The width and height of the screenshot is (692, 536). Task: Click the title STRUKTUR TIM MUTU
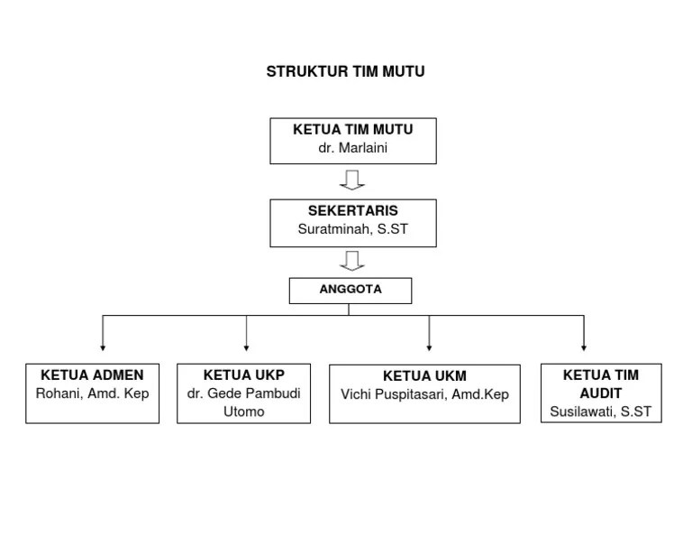(345, 72)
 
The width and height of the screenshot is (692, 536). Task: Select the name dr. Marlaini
(352, 148)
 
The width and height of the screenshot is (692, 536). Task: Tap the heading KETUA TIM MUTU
(352, 130)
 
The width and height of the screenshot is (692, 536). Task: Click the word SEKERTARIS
(352, 211)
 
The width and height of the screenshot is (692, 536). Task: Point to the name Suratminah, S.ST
(352, 229)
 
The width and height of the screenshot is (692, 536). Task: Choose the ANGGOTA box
(351, 290)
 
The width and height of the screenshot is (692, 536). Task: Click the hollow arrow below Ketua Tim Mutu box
(352, 180)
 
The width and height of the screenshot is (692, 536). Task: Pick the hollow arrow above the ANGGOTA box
(352, 261)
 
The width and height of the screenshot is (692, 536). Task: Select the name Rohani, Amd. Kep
(92, 393)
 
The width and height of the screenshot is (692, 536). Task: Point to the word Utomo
(243, 411)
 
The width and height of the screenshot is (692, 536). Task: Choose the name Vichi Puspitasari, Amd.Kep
(424, 394)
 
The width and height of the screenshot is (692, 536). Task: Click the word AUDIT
(600, 393)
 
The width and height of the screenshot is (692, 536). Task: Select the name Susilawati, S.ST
(600, 411)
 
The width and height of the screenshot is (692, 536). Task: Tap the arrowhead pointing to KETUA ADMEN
(103, 347)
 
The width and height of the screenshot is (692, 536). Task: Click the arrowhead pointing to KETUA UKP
(246, 347)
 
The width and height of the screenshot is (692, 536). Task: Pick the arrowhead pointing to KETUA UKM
(429, 347)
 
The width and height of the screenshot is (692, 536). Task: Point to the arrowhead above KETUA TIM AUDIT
(584, 347)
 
